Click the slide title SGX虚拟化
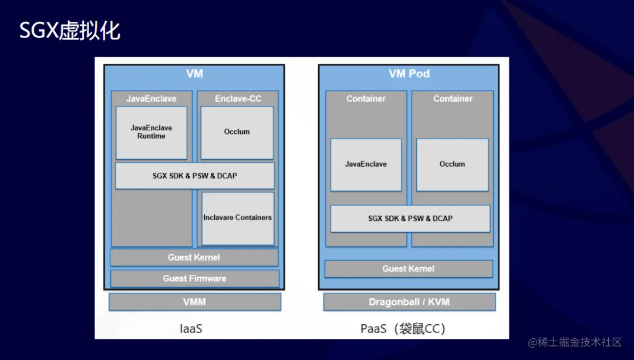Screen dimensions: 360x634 (x=70, y=31)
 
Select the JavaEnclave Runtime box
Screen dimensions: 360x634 (x=151, y=132)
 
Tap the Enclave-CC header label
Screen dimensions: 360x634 (x=238, y=99)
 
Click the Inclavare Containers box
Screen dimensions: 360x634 (x=238, y=218)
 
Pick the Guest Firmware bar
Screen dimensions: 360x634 (x=194, y=278)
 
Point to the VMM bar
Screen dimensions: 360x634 (x=194, y=302)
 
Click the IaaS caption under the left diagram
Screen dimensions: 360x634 (x=191, y=328)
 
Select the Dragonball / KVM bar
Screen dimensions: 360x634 (x=409, y=302)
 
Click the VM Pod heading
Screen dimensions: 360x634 (x=409, y=74)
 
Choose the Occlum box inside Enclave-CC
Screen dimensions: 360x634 (x=237, y=132)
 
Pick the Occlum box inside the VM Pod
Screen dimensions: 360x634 (x=452, y=164)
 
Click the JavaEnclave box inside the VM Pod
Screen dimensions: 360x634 (x=366, y=164)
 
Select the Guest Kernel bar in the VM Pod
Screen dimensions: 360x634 (x=409, y=269)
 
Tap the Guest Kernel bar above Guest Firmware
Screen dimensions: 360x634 (x=194, y=257)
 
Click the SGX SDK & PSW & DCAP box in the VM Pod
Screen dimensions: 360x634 (x=410, y=218)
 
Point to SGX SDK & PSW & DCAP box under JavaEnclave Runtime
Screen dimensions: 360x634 (x=195, y=176)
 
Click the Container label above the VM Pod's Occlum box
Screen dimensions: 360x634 (x=453, y=99)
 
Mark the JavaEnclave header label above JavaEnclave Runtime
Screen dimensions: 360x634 (x=151, y=99)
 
